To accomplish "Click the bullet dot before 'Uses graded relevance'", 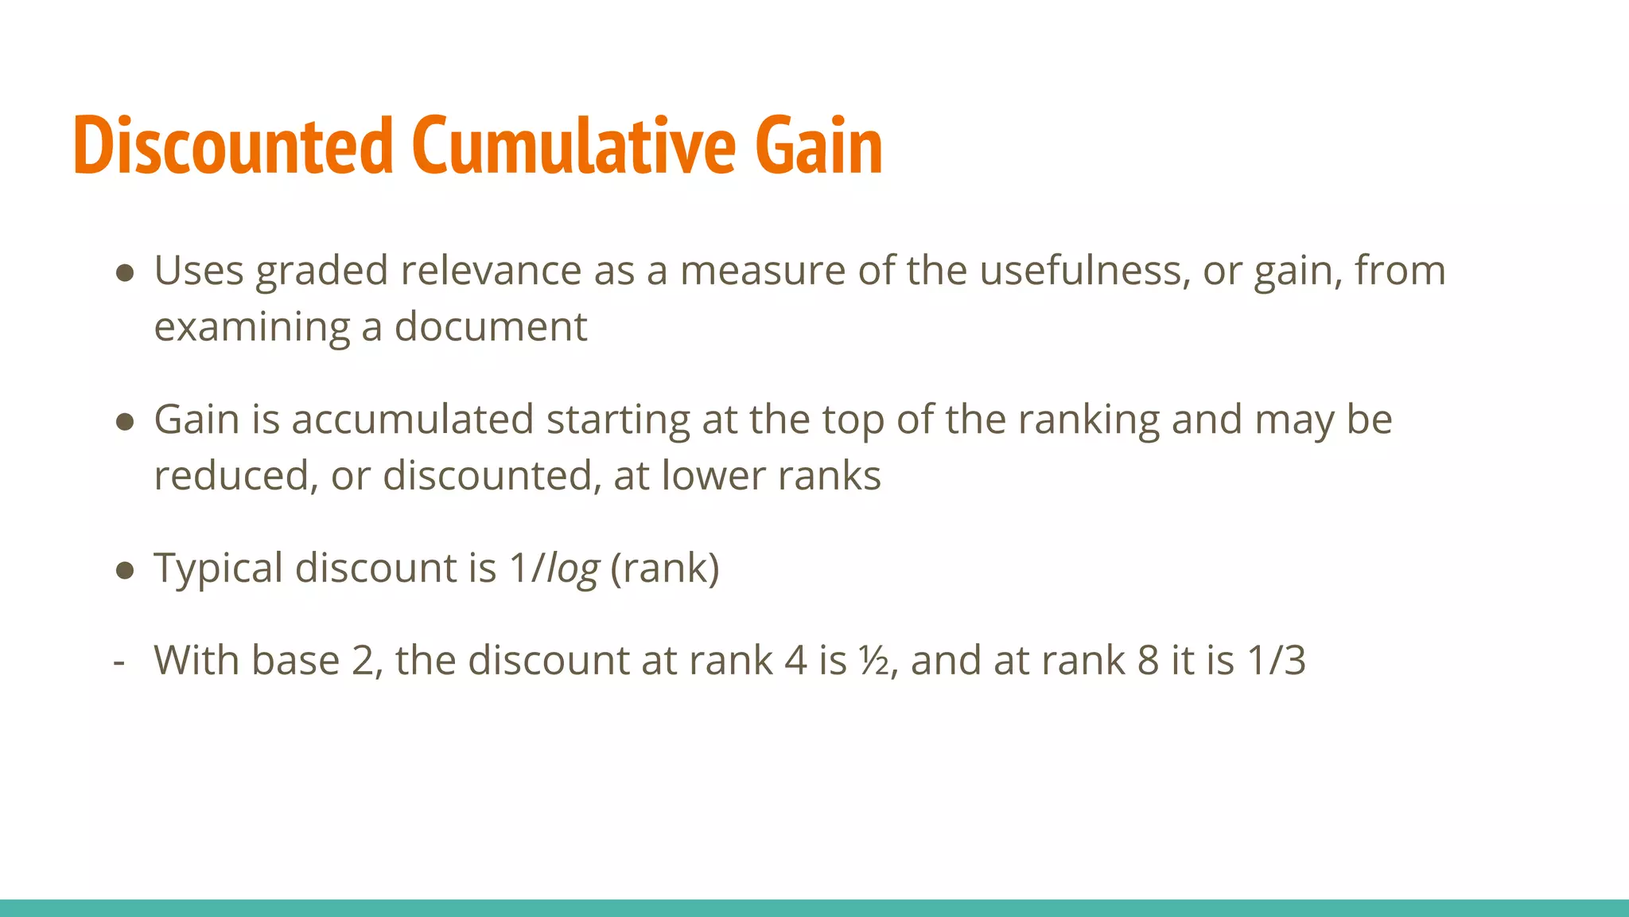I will click(124, 273).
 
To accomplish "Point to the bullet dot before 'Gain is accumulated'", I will click(124, 421).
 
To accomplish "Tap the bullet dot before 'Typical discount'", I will click(124, 570).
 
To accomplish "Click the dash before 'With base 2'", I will click(119, 661).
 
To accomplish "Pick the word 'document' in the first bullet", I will click(491, 327).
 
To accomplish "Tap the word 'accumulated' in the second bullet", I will click(412, 419).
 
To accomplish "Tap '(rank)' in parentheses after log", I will click(665, 569).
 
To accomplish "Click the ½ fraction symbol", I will click(873, 661).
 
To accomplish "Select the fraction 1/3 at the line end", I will click(1276, 661).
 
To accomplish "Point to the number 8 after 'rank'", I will click(1147, 661).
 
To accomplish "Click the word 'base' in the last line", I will click(295, 661).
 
